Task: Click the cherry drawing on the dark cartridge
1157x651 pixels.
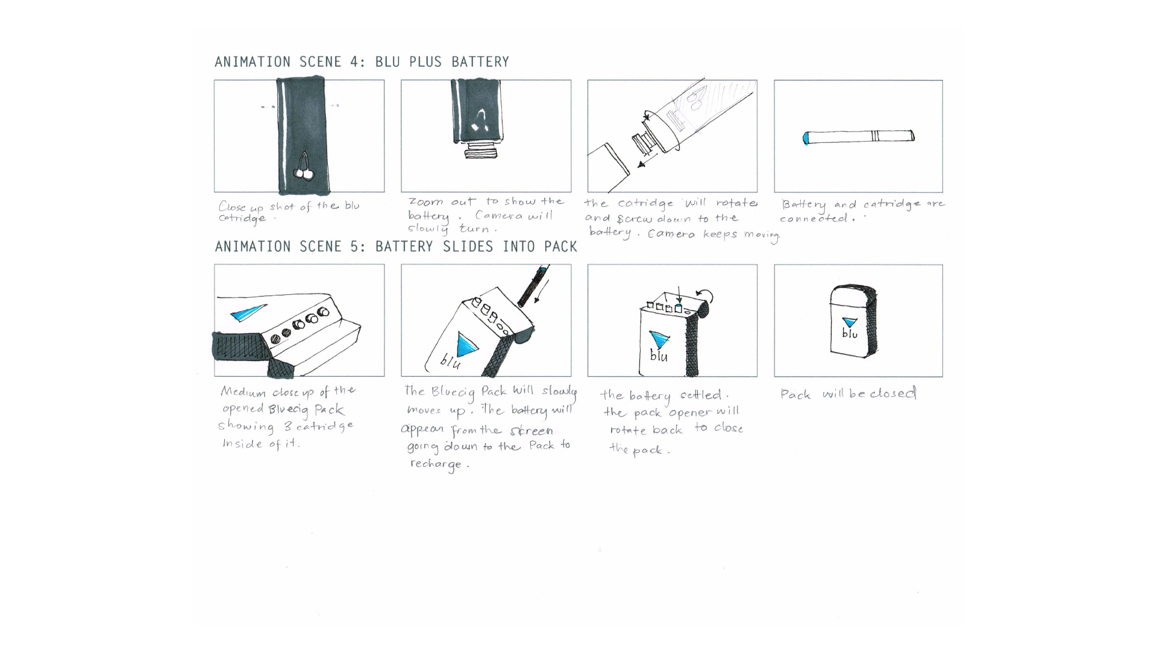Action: pos(304,169)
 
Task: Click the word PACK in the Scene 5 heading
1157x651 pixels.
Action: pos(560,247)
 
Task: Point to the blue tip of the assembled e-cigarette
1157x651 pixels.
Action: pos(806,138)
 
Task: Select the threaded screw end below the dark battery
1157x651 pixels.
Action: pos(481,151)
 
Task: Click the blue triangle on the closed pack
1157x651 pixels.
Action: pos(850,322)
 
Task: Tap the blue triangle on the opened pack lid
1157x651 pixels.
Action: pos(247,312)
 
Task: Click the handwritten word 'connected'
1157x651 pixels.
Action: pos(814,219)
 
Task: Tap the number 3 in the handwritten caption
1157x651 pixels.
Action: pos(287,427)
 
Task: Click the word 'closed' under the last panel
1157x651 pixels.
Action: pos(893,394)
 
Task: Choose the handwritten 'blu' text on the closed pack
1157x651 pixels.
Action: pos(850,333)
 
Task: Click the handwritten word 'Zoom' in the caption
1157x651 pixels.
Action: pos(425,202)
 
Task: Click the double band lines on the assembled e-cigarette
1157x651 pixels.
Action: pos(876,136)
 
